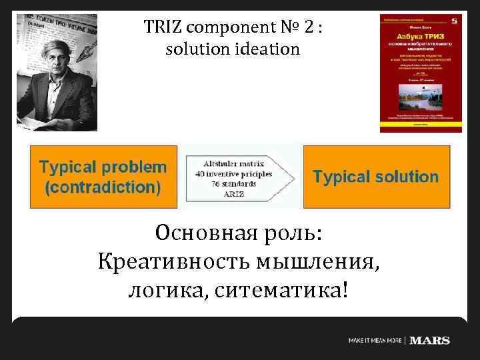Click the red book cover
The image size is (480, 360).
420,73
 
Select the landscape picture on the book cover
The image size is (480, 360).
420,99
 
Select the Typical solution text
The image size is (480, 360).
375,177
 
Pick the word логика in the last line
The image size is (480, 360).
167,291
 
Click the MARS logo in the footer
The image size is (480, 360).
430,341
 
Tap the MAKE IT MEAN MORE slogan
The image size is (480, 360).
375,341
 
